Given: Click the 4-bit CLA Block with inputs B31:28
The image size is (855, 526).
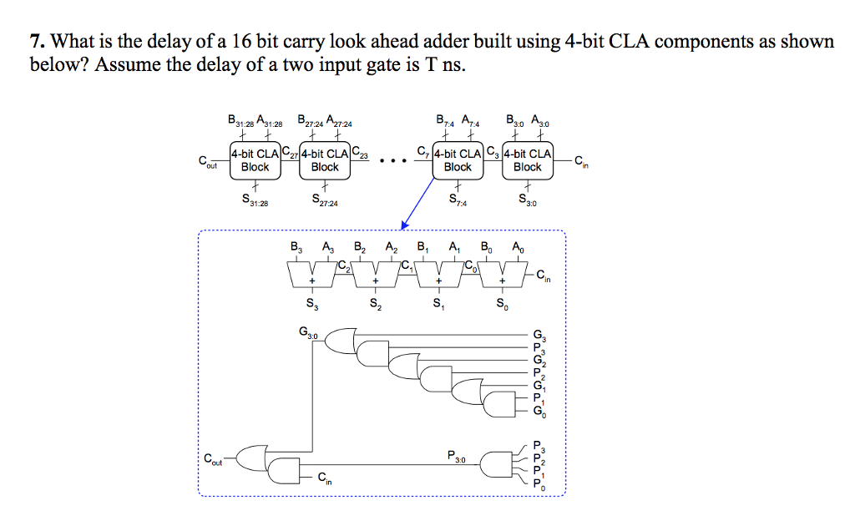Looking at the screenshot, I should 255,159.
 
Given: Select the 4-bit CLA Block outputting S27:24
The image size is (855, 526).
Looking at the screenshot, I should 325,159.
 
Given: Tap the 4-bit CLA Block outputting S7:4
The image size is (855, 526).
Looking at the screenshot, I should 458,159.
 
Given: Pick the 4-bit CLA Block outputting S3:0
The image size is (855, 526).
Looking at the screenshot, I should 527,159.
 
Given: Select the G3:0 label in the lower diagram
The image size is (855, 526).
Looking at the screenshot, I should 307,333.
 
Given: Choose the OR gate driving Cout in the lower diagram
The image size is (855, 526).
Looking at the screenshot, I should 250,458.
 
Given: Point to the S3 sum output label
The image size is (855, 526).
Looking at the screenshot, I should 311,304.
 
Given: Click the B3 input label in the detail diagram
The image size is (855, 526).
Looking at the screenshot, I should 296,248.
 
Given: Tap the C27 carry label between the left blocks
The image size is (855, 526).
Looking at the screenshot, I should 290,152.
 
